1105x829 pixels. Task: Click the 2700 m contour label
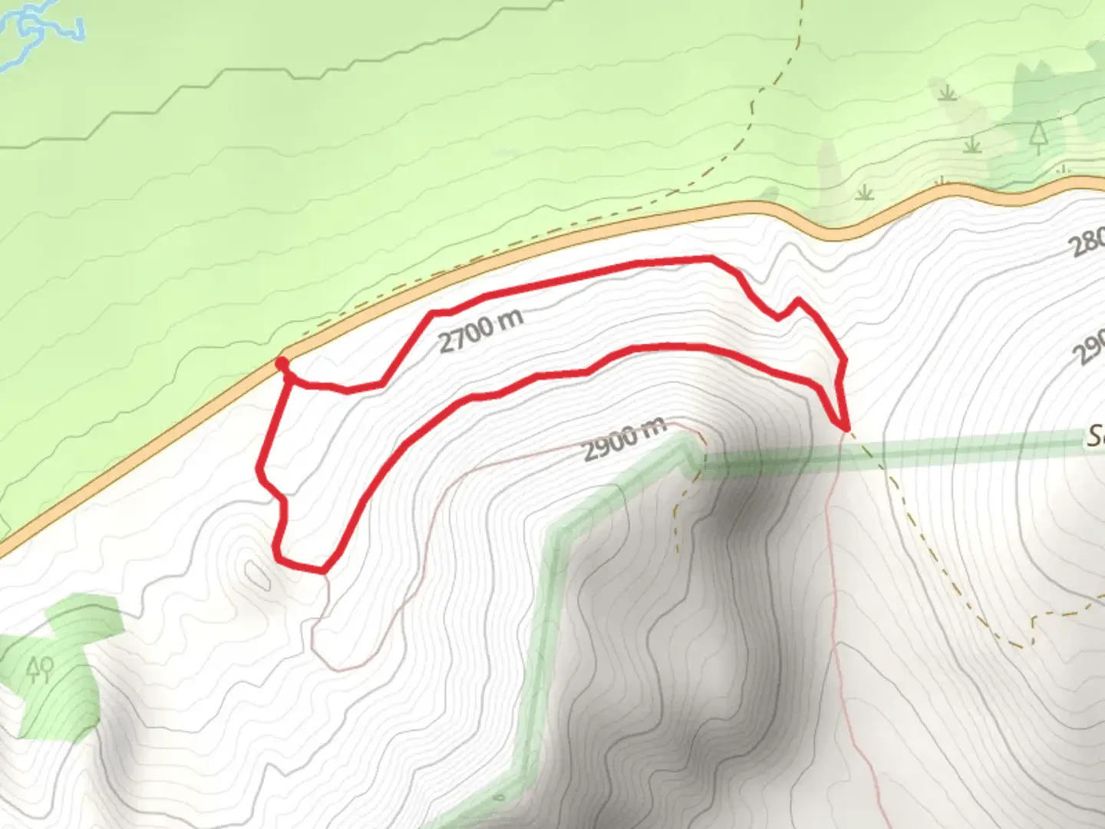pyautogui.click(x=480, y=330)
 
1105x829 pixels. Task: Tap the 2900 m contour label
pyautogui.click(x=624, y=439)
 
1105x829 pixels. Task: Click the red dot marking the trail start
pyautogui.click(x=282, y=363)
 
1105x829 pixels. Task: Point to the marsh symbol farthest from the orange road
pyautogui.click(x=948, y=93)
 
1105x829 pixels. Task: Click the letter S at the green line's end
pyautogui.click(x=1096, y=438)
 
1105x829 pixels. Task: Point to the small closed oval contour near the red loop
pyautogui.click(x=256, y=572)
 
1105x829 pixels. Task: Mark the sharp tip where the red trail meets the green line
pyautogui.click(x=845, y=427)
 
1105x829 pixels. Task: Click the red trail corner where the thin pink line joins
pyautogui.click(x=324, y=570)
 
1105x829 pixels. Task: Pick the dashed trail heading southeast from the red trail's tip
pyautogui.click(x=921, y=537)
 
